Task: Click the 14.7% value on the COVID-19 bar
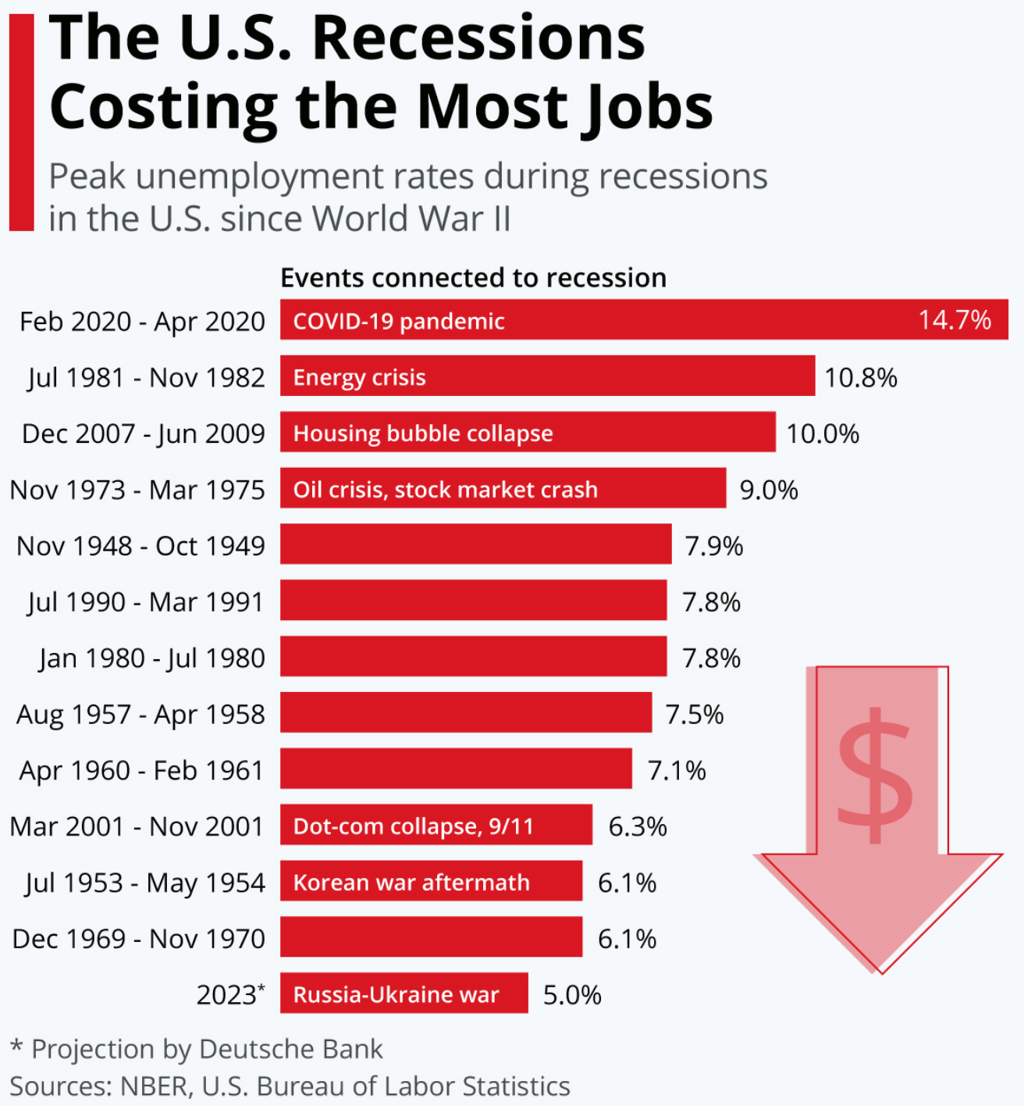[x=954, y=320]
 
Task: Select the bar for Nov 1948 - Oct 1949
[x=475, y=544]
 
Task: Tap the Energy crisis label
[x=359, y=377]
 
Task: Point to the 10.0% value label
[x=822, y=433]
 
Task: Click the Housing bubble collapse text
[x=422, y=433]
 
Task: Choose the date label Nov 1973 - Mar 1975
[x=137, y=490]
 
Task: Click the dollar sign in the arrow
[x=875, y=775]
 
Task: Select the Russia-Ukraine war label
[x=396, y=994]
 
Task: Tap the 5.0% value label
[x=572, y=995]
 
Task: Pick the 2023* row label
[x=230, y=994]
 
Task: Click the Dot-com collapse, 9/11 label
[x=413, y=826]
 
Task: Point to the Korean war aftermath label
[x=411, y=883]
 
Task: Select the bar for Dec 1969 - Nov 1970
[x=431, y=937]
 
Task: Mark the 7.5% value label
[x=694, y=715]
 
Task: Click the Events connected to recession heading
[x=473, y=277]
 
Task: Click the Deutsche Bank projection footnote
[x=197, y=1049]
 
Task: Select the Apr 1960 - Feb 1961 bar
[x=456, y=769]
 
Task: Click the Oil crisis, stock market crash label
[x=445, y=490]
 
